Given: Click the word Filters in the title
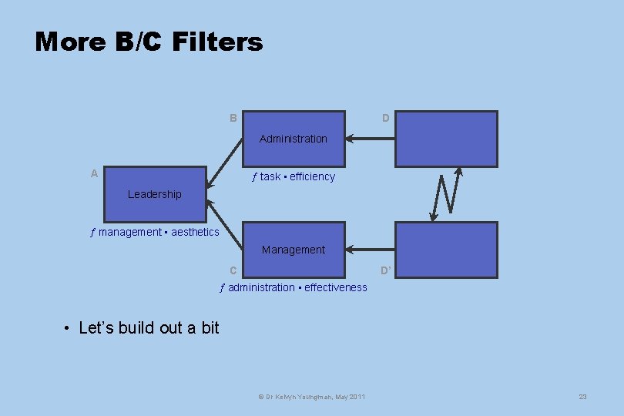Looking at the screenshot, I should pos(218,42).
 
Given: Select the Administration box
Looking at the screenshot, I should pos(294,139).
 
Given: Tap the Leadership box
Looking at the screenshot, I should pos(155,194).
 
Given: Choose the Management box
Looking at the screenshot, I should pos(294,250).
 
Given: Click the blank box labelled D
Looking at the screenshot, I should pos(446,139).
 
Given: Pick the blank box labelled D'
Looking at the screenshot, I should pos(446,250).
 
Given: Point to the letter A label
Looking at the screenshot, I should pos(94,174).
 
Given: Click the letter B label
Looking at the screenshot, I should pos(233,119).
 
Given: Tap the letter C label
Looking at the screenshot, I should pos(233,270).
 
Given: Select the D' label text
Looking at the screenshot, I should pos(385,270).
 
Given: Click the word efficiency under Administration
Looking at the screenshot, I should pos(313,176).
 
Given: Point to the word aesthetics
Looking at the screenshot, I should pos(195,232).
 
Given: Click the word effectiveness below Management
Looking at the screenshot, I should pos(336,287).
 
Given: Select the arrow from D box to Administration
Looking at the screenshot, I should pos(371,139).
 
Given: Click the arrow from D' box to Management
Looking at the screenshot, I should pos(371,250).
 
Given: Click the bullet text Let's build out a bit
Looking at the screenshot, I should pos(149,328).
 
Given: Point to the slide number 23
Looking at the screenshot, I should pos(582,397).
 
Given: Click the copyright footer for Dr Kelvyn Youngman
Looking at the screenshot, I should pos(312,397).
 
